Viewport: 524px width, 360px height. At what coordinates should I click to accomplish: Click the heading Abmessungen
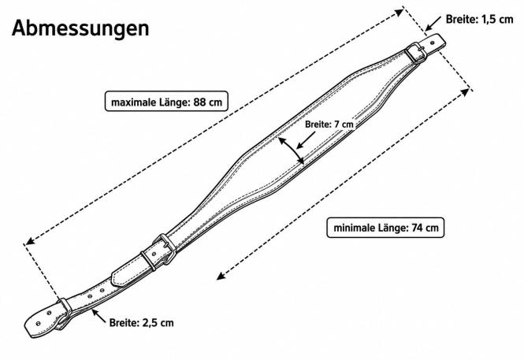point(80,29)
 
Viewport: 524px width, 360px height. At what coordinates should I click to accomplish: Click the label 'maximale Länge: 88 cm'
point(166,102)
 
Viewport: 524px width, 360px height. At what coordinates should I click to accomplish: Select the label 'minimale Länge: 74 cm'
point(385,228)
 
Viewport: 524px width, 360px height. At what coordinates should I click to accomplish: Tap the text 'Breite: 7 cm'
point(329,124)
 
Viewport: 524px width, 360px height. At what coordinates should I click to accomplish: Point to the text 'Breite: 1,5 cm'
point(480,20)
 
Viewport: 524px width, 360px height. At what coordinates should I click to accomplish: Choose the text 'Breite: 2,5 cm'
point(141,323)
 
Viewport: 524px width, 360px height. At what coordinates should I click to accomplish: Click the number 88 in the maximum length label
point(199,102)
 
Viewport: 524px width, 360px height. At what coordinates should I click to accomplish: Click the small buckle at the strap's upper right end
point(415,53)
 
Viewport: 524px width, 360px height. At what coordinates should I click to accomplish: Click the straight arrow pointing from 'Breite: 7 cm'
point(306,140)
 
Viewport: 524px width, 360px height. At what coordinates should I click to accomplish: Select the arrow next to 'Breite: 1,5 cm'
point(433,24)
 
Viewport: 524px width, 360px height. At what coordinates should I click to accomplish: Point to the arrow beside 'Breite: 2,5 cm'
point(99,316)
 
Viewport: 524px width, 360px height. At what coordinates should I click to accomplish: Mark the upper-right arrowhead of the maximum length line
point(400,13)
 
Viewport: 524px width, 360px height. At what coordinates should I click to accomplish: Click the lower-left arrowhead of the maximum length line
point(30,241)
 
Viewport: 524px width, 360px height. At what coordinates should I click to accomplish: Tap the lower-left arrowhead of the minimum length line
point(221,276)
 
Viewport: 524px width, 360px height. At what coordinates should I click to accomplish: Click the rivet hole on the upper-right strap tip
point(433,43)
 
